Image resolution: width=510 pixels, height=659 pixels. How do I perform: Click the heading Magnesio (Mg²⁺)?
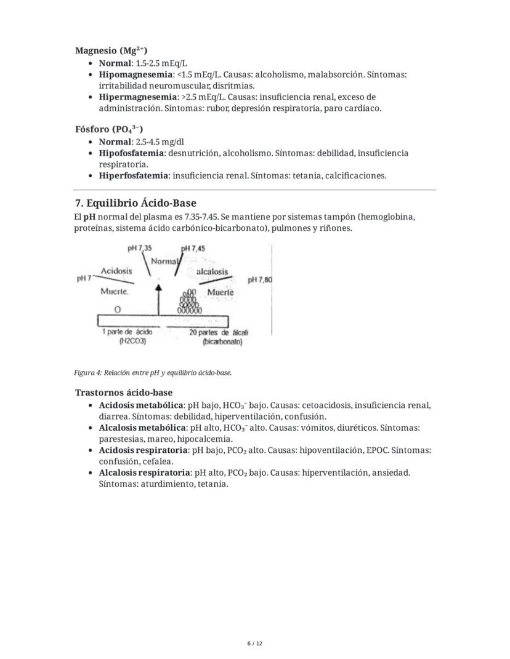(x=111, y=51)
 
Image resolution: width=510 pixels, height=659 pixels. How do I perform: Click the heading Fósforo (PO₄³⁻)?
(x=109, y=130)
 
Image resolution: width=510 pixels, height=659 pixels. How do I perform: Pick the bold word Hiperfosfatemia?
(x=133, y=176)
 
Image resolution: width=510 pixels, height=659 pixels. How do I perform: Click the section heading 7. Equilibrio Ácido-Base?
(x=136, y=203)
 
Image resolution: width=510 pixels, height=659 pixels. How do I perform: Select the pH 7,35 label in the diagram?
(x=140, y=248)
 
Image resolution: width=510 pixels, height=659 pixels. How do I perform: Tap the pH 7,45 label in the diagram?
(x=193, y=248)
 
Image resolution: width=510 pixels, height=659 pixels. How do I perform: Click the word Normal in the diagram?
(x=164, y=261)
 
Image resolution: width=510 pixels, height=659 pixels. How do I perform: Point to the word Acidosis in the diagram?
(x=116, y=271)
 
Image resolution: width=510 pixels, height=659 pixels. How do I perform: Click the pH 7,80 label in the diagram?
(x=259, y=280)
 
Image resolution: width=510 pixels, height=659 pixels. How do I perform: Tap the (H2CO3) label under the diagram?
(x=132, y=340)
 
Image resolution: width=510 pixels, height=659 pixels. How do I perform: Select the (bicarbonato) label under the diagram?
(x=222, y=341)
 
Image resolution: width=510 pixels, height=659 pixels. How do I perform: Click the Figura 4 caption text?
(x=153, y=373)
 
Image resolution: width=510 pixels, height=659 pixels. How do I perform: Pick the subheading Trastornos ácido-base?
(x=124, y=393)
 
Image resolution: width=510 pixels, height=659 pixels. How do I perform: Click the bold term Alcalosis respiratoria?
(x=145, y=473)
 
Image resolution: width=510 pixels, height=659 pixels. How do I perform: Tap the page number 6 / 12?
(x=255, y=644)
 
